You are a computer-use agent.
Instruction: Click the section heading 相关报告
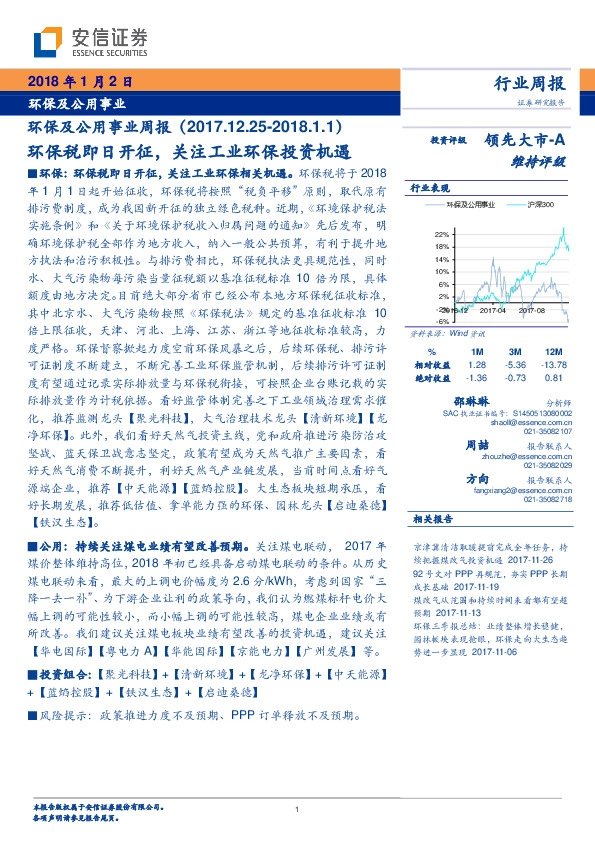coord(432,519)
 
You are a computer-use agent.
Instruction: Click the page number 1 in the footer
coord(298,810)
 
